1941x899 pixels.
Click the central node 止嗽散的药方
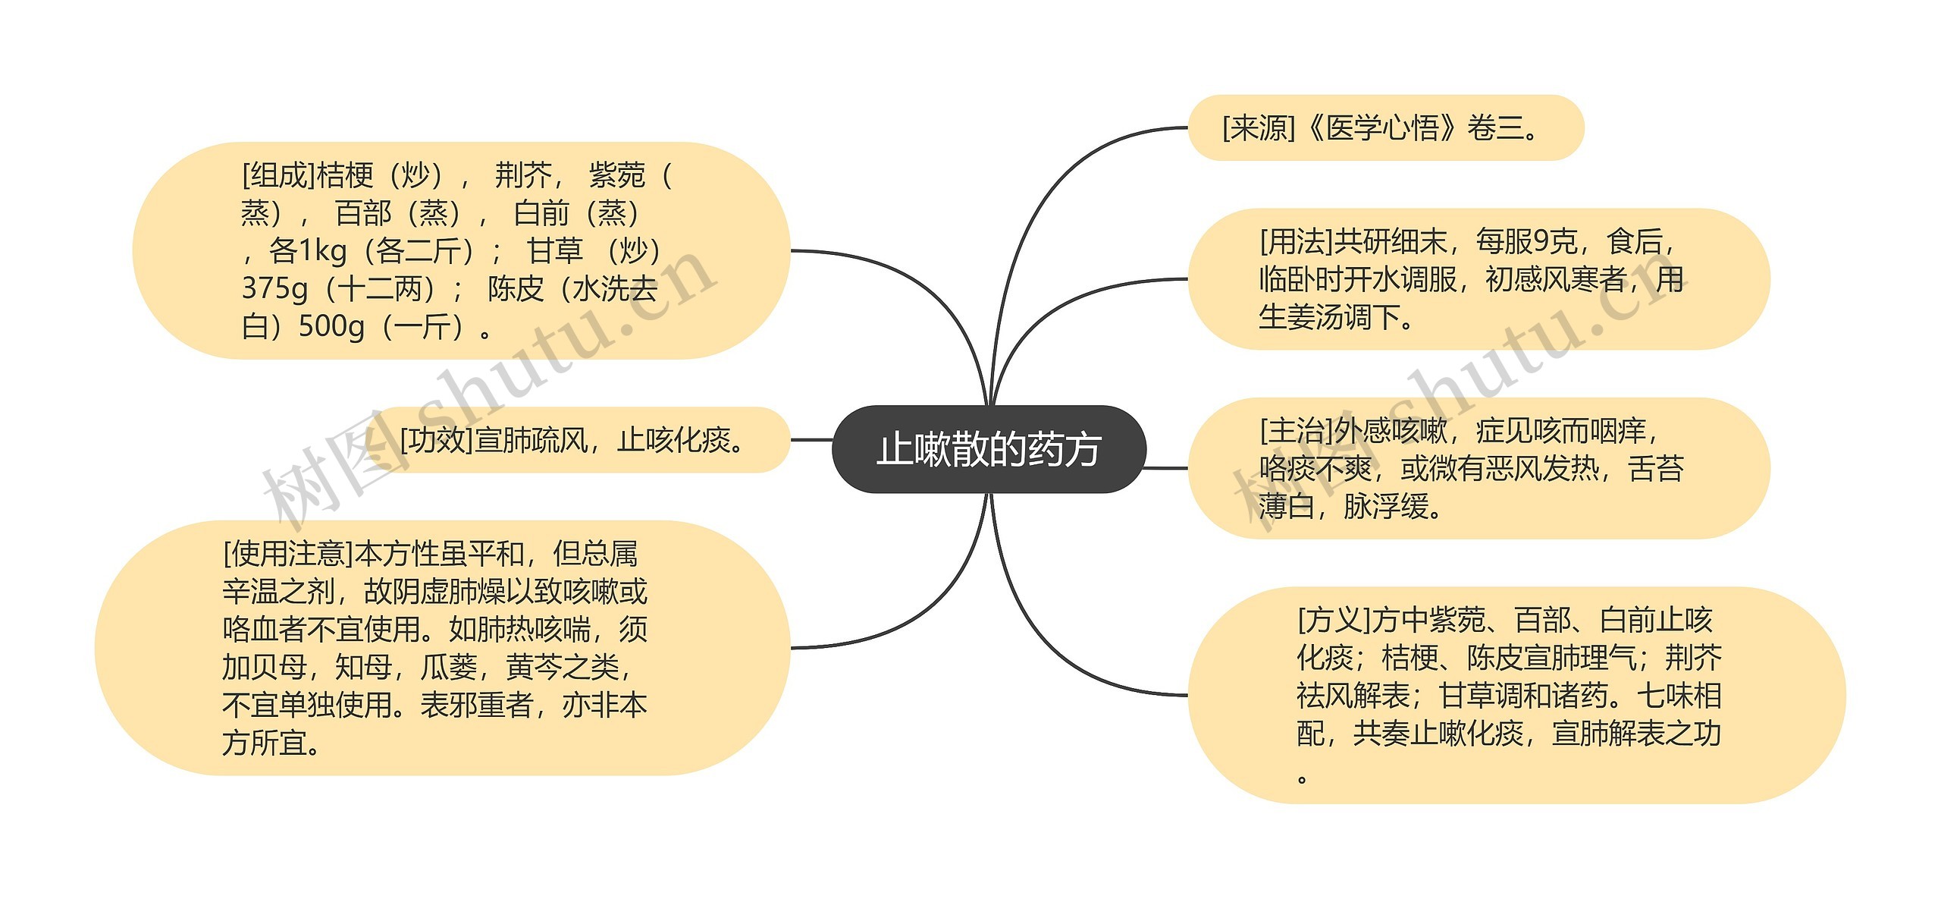click(989, 449)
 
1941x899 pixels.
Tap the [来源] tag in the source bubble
click(1259, 128)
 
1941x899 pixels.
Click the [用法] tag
click(1296, 242)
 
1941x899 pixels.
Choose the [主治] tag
click(1296, 431)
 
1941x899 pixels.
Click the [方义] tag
click(1334, 621)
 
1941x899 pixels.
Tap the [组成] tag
click(278, 175)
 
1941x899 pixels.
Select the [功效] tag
click(436, 440)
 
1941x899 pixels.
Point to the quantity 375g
click(274, 288)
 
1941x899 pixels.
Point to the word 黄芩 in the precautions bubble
click(535, 668)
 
